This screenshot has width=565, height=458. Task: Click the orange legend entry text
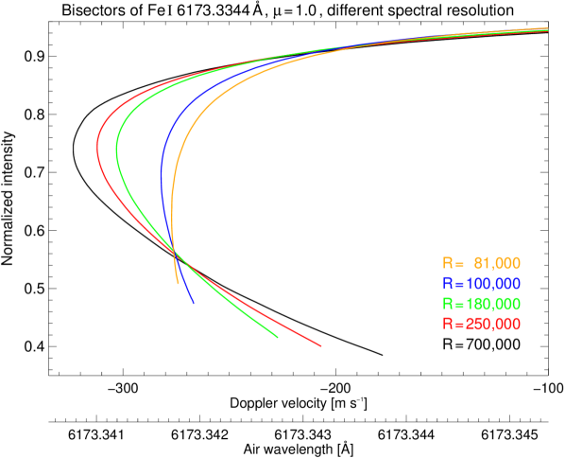click(482, 263)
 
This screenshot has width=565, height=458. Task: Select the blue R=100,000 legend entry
click(482, 284)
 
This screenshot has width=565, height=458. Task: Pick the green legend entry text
click(482, 304)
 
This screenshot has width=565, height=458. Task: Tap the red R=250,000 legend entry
click(482, 324)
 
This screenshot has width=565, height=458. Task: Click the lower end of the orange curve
click(177, 283)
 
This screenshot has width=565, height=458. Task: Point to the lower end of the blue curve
click(193, 303)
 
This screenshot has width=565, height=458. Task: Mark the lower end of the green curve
click(278, 336)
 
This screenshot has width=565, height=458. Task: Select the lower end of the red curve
click(322, 346)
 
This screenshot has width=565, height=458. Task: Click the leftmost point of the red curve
click(97, 148)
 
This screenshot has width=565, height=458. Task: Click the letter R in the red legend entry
click(447, 324)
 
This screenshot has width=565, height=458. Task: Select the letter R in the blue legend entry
click(447, 284)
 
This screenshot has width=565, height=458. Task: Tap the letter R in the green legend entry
click(447, 304)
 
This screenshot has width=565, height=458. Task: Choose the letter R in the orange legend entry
click(447, 263)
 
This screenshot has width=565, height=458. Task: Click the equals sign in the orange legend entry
click(457, 263)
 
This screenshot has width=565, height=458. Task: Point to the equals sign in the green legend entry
click(457, 304)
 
